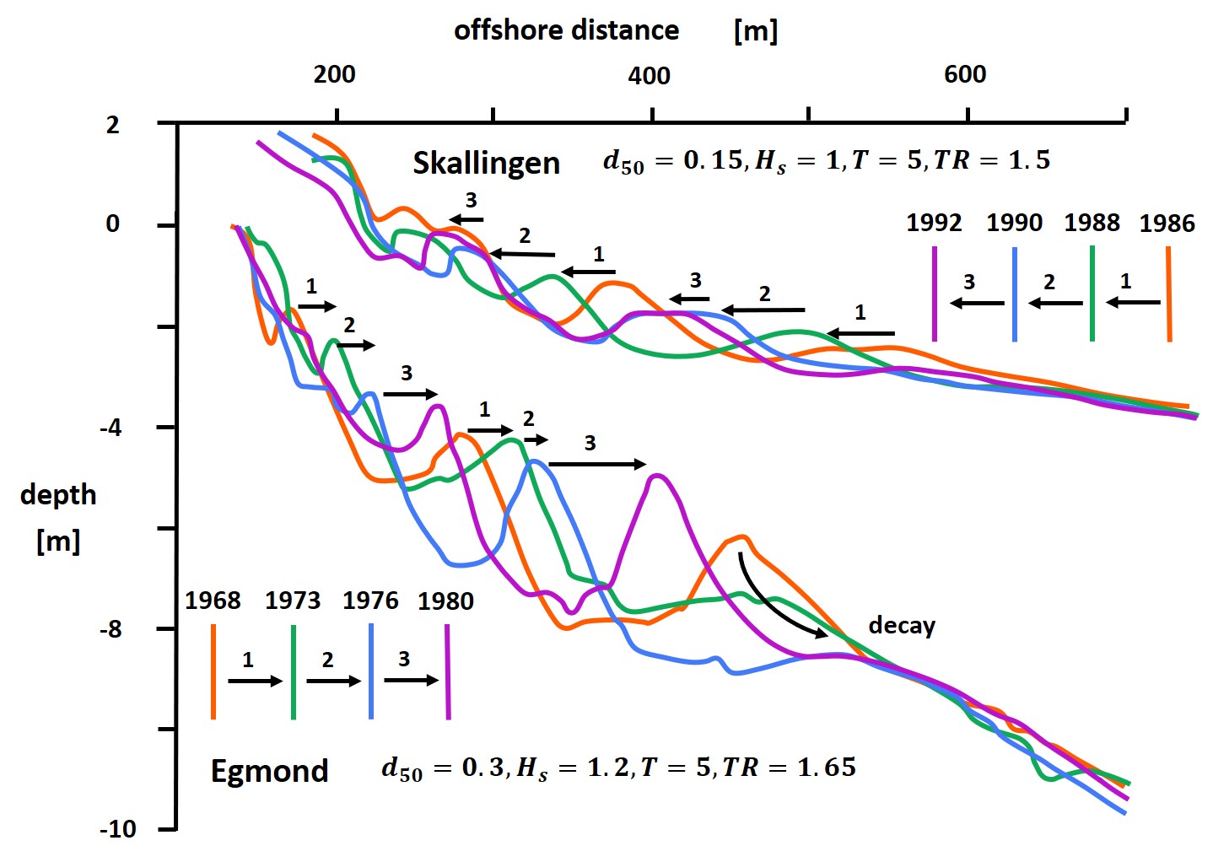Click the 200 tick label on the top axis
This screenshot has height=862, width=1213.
click(334, 74)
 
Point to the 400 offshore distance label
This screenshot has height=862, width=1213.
click(649, 76)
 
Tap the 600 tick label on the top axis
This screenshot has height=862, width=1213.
click(965, 74)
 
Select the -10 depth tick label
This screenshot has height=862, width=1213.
click(118, 829)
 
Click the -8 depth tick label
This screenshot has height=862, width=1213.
click(111, 629)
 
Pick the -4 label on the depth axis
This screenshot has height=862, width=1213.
click(111, 428)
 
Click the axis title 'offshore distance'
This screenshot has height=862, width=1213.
click(566, 30)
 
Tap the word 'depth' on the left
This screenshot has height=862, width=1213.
click(58, 495)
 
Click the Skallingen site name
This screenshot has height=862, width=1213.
click(486, 163)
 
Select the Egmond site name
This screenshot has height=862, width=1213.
click(269, 771)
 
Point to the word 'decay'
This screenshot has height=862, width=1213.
click(902, 626)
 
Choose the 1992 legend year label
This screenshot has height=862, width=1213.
click(934, 223)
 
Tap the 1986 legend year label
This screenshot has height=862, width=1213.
click(1167, 224)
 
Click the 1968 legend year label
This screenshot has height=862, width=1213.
click(213, 601)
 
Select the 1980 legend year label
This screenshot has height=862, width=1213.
click(445, 601)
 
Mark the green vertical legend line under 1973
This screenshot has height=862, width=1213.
click(293, 671)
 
